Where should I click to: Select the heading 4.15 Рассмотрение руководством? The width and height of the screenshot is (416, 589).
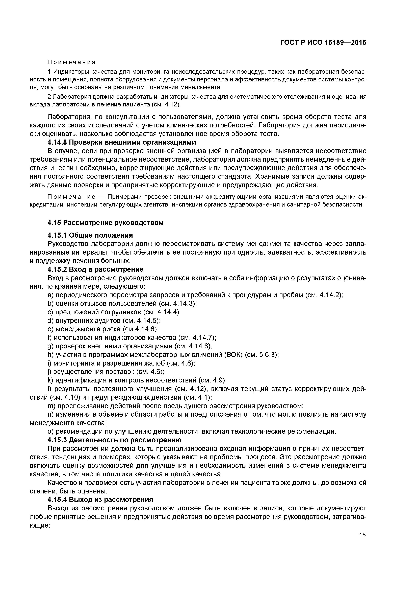pyautogui.click(x=105, y=223)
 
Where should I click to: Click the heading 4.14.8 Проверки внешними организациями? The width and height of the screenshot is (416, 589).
pyautogui.click(x=122, y=142)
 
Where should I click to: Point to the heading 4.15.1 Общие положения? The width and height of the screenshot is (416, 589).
pyautogui.click(x=90, y=235)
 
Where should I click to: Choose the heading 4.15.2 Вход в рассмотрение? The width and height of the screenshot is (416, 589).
pyautogui.click(x=95, y=269)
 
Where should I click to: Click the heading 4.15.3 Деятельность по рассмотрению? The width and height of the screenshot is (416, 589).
pyautogui.click(x=115, y=440)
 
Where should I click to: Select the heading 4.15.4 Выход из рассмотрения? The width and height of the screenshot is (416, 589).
pyautogui.click(x=100, y=500)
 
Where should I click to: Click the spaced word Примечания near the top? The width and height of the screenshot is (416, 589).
pyautogui.click(x=71, y=62)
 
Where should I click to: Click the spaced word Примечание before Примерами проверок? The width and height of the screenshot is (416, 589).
pyautogui.click(x=71, y=197)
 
